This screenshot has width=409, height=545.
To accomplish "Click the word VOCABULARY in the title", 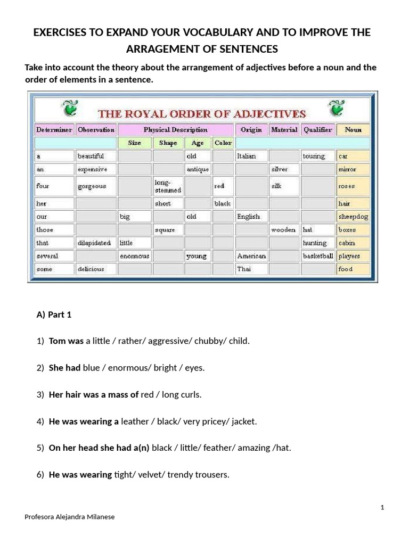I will click(x=198, y=32).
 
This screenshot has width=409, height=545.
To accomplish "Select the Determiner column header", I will click(x=54, y=129).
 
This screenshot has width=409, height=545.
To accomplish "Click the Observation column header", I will click(x=96, y=129).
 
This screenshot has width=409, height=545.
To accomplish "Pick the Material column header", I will click(x=284, y=129).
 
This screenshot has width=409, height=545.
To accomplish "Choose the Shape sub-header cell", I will click(x=168, y=143).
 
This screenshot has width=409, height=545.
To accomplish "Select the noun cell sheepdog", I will click(x=353, y=217).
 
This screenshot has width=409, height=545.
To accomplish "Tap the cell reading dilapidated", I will click(x=94, y=243).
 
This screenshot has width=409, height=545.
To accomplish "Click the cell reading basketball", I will click(x=318, y=256).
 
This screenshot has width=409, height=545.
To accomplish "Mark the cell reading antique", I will click(x=198, y=169).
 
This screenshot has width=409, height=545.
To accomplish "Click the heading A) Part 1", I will click(x=54, y=315).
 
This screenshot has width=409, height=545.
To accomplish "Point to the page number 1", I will click(x=382, y=508).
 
